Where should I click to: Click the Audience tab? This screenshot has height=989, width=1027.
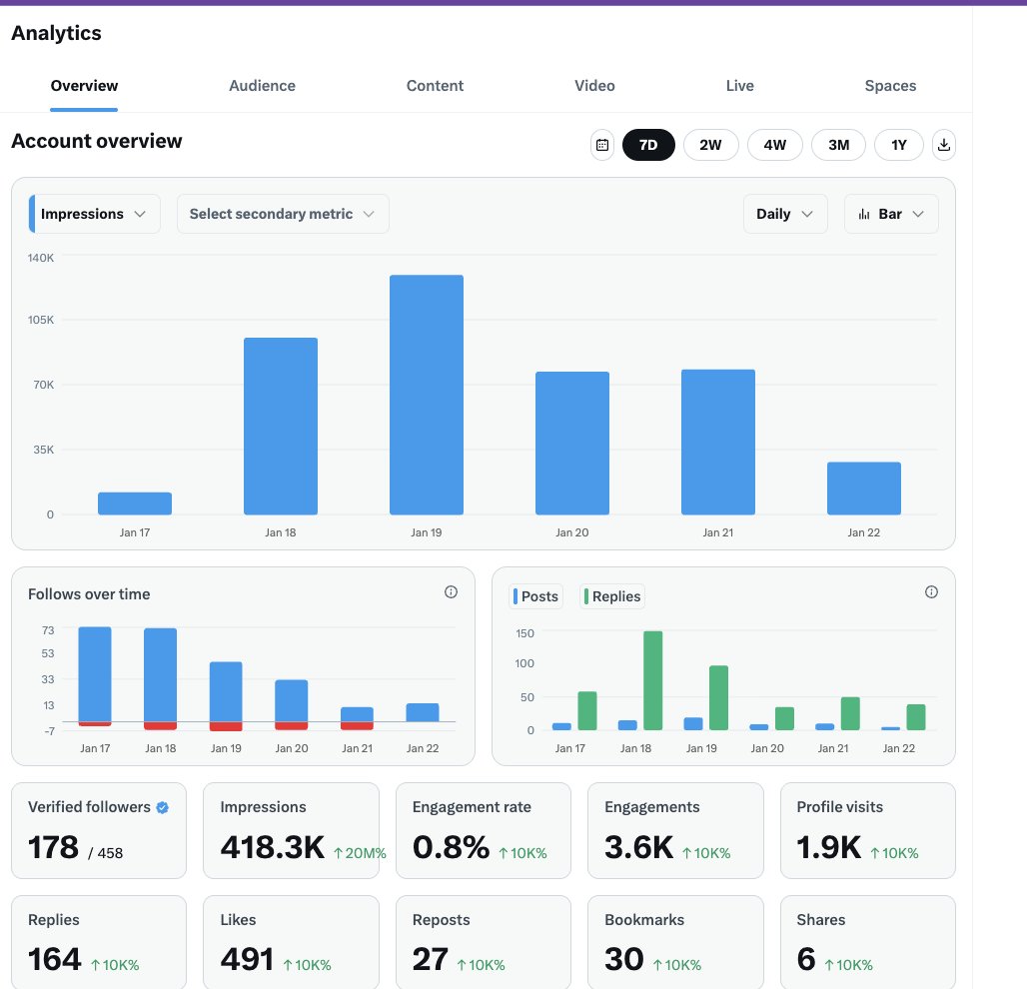(262, 86)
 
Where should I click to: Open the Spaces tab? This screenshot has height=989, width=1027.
(890, 86)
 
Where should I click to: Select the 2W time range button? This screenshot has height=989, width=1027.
(710, 145)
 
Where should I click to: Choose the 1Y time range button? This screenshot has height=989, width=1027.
(899, 145)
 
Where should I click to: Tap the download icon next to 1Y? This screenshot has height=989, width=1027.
(944, 145)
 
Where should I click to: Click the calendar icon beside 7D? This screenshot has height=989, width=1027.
(602, 145)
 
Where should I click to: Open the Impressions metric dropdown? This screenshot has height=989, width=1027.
(95, 214)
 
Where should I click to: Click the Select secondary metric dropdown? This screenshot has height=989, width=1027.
(283, 214)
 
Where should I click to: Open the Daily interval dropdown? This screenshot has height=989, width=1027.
(785, 214)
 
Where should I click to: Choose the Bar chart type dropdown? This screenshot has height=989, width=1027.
(891, 214)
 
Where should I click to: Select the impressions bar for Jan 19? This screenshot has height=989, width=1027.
(427, 395)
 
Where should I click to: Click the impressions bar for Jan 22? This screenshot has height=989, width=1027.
(863, 489)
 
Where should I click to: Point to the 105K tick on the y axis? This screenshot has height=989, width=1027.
(41, 321)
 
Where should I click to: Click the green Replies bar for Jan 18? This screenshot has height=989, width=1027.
(652, 680)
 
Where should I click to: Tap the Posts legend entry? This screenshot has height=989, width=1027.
(536, 596)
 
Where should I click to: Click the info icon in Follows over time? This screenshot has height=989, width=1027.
(451, 592)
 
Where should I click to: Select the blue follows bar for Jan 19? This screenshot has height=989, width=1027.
(226, 691)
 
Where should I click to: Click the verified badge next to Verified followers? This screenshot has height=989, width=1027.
(163, 807)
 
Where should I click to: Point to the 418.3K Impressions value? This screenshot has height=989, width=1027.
(272, 848)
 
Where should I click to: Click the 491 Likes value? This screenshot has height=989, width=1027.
(247, 960)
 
